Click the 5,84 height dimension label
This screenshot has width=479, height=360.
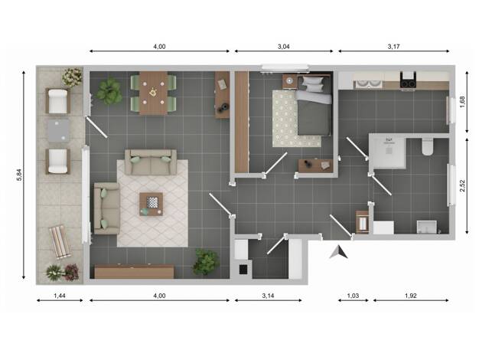click(20, 175)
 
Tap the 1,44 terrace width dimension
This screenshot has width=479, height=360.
click(60, 296)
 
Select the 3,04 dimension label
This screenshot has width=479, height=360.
click(283, 47)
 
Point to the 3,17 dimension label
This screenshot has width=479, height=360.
click(393, 47)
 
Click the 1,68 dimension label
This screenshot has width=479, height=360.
click(462, 102)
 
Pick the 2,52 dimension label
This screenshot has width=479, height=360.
click(462, 185)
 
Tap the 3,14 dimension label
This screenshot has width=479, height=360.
click(268, 296)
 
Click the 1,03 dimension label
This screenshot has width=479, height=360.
click(353, 296)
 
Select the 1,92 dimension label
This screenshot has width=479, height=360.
click(411, 296)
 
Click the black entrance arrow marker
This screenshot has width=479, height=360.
click(340, 252)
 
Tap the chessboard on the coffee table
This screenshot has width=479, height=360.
click(152, 202)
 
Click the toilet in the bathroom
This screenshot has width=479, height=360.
click(428, 147)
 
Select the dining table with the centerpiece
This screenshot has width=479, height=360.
click(153, 93)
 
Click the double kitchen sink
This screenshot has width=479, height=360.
click(369, 83)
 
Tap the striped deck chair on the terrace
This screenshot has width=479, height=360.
click(60, 242)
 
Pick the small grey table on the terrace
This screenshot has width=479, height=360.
click(59, 130)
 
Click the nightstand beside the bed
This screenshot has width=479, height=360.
click(289, 81)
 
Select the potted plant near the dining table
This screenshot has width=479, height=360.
click(109, 91)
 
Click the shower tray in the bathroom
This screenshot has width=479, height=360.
click(387, 152)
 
